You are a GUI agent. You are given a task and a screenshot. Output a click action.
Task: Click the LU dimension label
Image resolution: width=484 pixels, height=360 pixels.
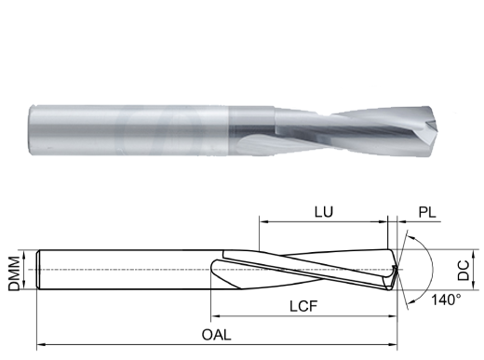click(x=324, y=212)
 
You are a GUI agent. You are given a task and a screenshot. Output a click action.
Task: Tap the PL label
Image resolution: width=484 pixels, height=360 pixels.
click(x=427, y=213)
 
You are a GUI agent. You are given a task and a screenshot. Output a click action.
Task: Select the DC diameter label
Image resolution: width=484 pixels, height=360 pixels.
click(x=464, y=271)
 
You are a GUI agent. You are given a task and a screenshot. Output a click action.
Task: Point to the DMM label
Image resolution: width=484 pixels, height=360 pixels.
click(x=14, y=273)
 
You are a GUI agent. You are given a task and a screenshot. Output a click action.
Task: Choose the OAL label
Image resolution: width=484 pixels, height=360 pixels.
click(x=217, y=335)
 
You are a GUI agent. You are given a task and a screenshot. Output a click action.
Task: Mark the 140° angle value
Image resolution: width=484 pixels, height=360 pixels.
click(x=446, y=300)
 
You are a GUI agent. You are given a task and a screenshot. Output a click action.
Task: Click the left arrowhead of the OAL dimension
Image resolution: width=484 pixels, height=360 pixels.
click(x=41, y=344)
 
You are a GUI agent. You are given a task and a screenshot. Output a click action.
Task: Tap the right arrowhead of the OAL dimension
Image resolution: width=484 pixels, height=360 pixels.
click(x=393, y=344)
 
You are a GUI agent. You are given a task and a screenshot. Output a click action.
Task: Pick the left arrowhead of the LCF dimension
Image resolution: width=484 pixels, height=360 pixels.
click(x=215, y=316)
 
